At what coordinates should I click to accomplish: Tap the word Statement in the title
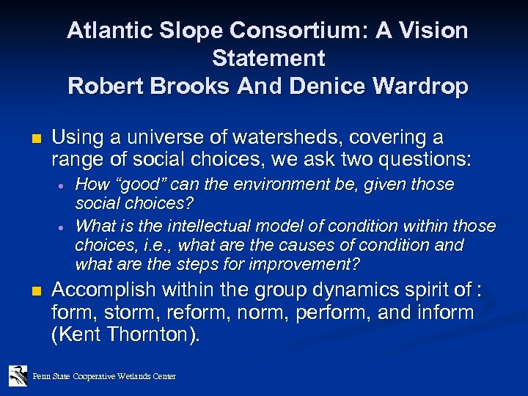coord(268,58)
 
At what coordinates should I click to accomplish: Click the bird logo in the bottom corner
coord(17,375)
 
